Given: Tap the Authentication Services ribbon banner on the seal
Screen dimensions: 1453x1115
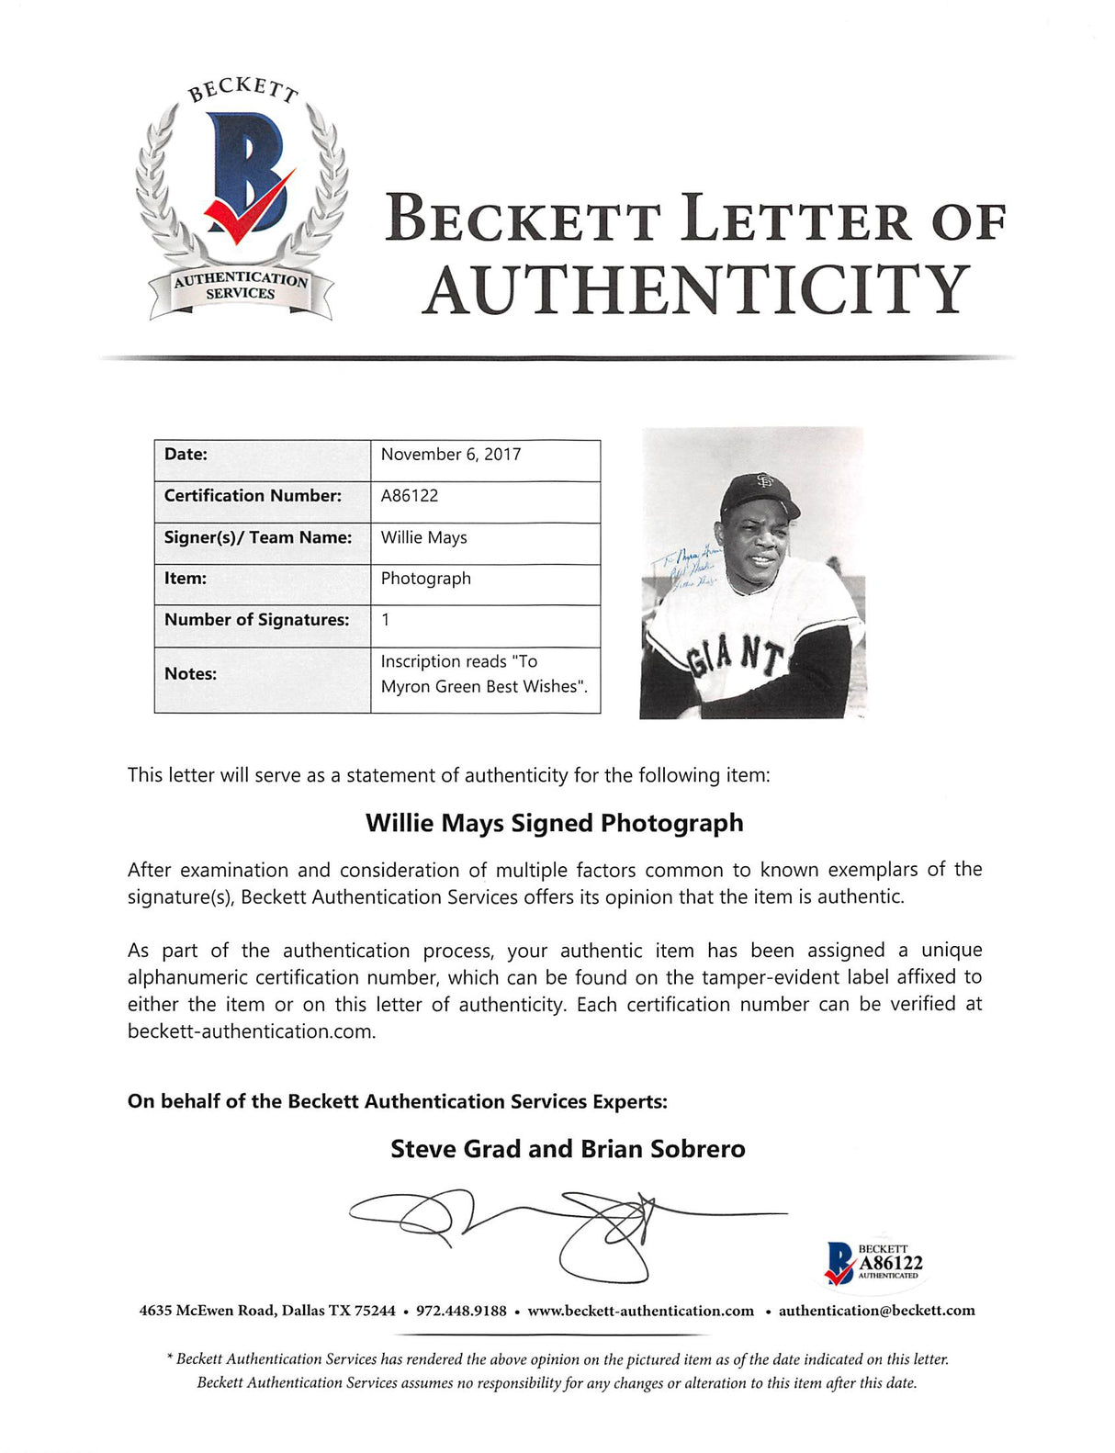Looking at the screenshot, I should [241, 287].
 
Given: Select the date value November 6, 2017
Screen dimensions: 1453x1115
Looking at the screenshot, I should [451, 455].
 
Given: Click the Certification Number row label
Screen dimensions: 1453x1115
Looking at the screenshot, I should [253, 496].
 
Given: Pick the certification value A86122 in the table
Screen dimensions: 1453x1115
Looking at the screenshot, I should [410, 496].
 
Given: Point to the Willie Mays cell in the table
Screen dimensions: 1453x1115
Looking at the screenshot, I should [424, 537].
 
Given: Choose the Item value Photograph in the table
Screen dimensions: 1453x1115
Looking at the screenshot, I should [426, 579].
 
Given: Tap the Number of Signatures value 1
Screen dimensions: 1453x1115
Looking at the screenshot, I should [386, 620].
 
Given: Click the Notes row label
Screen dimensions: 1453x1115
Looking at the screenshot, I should [190, 674].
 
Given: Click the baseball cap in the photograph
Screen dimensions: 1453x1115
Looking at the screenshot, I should [760, 493].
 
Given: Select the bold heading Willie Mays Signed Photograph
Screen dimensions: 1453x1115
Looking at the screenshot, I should [555, 823].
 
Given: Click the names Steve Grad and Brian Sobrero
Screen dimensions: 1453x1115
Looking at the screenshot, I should [568, 1149].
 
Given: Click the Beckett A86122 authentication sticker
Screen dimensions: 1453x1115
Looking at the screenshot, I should [873, 1263].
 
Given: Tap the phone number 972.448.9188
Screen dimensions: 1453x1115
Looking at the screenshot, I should [461, 1311].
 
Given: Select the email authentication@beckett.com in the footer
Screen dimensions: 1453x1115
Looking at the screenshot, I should [876, 1311].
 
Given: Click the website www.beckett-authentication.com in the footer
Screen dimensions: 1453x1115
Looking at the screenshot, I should [640, 1311].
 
